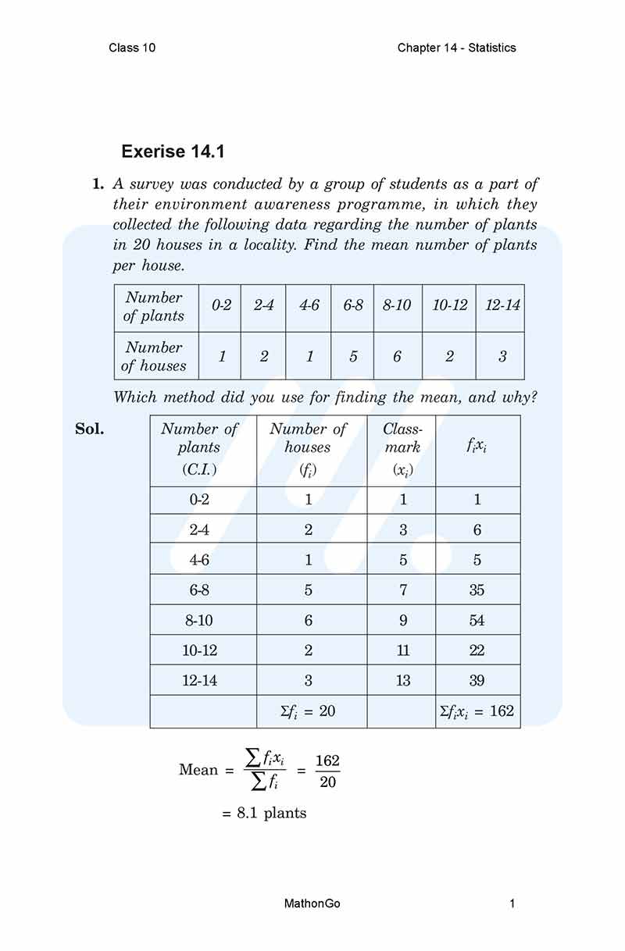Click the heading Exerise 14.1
pos(173,151)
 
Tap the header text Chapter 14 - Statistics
pos(456,48)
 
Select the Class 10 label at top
pos(132,48)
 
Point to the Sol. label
pos(89,429)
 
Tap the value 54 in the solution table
pos(477,620)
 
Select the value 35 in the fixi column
pos(477,589)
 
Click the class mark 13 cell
pos(402,680)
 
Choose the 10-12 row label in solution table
pos(199,650)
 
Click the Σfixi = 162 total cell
pos(477,711)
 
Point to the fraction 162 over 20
pos(327,771)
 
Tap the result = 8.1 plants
pos(264,814)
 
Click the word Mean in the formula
pos(198,770)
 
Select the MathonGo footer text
pos(312,904)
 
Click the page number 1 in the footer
pos(512,904)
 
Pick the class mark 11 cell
pos(402,650)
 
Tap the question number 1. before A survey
pos(98,185)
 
